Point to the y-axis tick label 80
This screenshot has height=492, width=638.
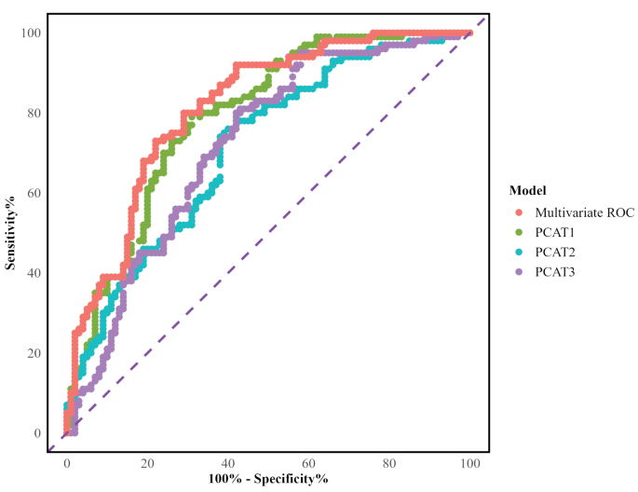pos(33,114)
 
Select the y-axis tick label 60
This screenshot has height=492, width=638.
pos(33,194)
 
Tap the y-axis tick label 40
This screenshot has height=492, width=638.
pos(33,274)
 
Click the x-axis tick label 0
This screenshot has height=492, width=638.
pos(66,462)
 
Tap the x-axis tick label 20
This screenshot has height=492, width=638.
pos(146,462)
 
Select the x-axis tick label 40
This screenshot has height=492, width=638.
pos(227,462)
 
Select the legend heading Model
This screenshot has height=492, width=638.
pos(528,190)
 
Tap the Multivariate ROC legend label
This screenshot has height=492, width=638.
pos(585,212)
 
